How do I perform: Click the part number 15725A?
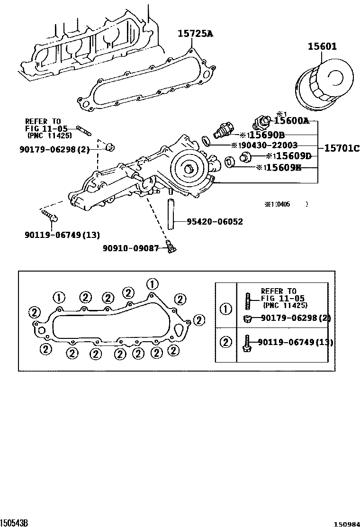(x=196, y=34)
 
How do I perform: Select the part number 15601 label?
(x=322, y=46)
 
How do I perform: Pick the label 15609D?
(x=294, y=156)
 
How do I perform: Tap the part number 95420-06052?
(x=215, y=221)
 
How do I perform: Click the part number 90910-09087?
(x=131, y=248)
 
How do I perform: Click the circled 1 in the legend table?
(x=226, y=309)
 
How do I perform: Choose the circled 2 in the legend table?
(x=226, y=342)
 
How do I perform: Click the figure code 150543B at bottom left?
(x=14, y=522)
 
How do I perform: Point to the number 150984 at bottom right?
(x=346, y=523)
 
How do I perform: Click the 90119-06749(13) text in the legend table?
(x=295, y=342)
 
